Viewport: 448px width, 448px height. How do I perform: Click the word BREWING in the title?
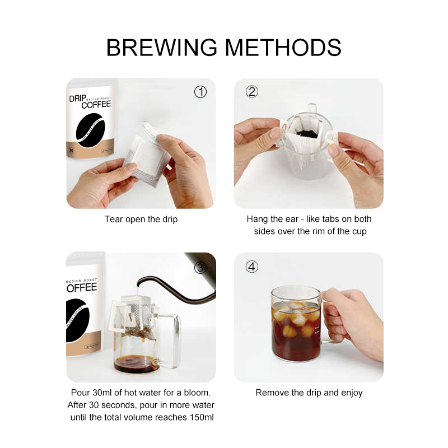161,48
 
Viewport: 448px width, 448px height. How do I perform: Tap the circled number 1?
200,92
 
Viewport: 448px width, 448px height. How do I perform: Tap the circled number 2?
252,92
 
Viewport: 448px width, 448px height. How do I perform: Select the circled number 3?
200,268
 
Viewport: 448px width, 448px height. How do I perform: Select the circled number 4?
252,267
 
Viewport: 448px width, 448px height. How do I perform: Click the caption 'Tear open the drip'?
141,219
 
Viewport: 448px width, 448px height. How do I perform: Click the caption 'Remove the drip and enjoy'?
309,393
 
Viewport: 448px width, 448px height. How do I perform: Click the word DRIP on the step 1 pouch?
77,99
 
